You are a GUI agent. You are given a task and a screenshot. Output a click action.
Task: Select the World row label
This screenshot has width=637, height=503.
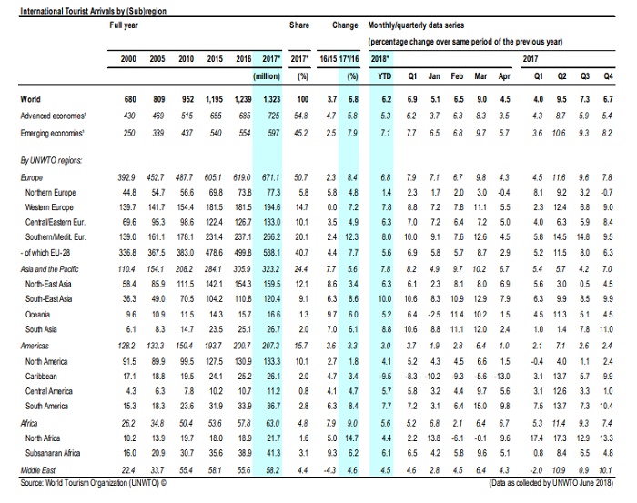[x=33, y=98]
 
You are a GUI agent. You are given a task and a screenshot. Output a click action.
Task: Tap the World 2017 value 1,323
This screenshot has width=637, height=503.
[x=270, y=98]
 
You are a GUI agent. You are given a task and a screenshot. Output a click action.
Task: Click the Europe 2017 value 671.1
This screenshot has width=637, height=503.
[x=270, y=178]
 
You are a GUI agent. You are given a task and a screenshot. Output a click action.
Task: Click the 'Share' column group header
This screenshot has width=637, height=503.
[x=299, y=26]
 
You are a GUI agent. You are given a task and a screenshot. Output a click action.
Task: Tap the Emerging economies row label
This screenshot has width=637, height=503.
[x=56, y=133]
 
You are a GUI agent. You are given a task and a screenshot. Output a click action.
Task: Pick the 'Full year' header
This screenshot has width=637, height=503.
[x=125, y=26]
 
